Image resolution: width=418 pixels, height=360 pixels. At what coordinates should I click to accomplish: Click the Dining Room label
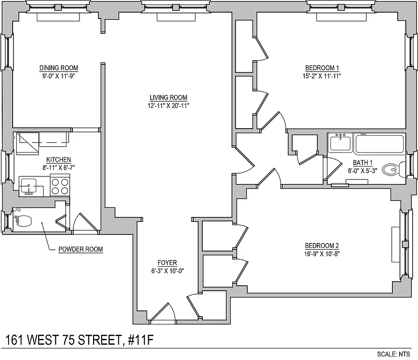[58, 68]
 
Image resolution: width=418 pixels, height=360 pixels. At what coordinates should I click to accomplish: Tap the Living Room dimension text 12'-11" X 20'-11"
[169, 106]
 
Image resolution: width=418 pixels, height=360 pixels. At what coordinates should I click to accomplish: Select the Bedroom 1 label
[322, 68]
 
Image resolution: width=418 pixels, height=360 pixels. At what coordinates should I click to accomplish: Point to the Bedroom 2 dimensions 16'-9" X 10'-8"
[322, 253]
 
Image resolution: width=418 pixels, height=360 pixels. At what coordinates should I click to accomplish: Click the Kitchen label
[58, 160]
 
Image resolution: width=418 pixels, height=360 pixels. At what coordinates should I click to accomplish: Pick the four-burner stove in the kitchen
[60, 186]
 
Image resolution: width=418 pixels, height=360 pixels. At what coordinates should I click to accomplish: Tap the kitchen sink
[29, 186]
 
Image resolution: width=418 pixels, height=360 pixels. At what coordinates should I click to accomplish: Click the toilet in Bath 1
[391, 170]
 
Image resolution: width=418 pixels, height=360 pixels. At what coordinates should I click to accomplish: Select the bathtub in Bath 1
[380, 144]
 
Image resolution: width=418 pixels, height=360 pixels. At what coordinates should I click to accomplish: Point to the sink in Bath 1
[340, 143]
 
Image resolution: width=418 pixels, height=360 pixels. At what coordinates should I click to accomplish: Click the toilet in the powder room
[22, 221]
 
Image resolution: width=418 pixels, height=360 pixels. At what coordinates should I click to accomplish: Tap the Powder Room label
[80, 249]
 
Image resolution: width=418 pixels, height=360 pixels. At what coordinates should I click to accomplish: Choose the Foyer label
[167, 263]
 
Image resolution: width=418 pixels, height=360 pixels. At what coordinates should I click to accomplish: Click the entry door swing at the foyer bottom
[163, 314]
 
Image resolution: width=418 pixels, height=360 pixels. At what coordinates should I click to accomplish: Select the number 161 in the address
[16, 339]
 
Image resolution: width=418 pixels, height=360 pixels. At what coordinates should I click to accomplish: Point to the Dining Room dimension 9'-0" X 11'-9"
[58, 76]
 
